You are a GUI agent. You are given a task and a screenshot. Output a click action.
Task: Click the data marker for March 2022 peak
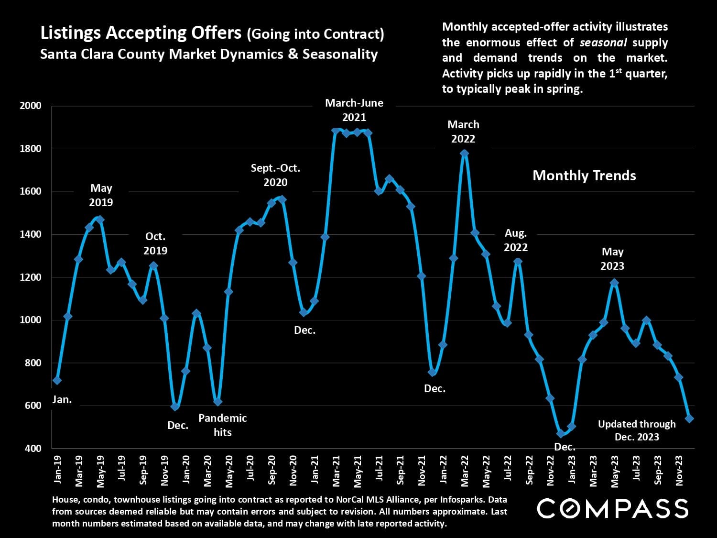click(464, 154)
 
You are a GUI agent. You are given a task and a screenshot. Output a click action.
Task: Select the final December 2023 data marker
click(689, 418)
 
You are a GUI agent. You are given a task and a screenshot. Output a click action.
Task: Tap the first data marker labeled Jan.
click(57, 380)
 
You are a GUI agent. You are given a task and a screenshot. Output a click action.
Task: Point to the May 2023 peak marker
click(614, 283)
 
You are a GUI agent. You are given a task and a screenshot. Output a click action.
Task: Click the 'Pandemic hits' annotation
click(222, 425)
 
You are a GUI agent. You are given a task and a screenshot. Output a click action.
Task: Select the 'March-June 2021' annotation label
click(354, 110)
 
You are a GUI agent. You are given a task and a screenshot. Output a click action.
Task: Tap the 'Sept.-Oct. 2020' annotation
click(275, 175)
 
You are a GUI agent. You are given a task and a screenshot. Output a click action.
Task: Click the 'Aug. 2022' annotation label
click(516, 240)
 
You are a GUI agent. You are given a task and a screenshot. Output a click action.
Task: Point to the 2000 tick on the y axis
click(31, 106)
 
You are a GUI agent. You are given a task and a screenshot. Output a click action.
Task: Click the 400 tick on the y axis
click(32, 449)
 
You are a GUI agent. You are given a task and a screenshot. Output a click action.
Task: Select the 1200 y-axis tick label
click(31, 277)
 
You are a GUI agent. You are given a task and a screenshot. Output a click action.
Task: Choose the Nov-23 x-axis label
click(679, 470)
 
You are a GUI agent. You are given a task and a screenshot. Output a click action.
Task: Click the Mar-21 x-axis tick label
click(337, 470)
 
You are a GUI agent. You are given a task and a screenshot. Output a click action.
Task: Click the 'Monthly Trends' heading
click(584, 176)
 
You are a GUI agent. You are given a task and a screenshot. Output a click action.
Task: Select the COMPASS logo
click(612, 508)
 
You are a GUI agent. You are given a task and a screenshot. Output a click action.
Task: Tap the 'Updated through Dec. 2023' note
click(637, 430)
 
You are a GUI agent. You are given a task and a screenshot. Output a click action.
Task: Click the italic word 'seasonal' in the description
click(603, 43)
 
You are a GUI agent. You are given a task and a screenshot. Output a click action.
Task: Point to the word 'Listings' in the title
click(70, 33)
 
